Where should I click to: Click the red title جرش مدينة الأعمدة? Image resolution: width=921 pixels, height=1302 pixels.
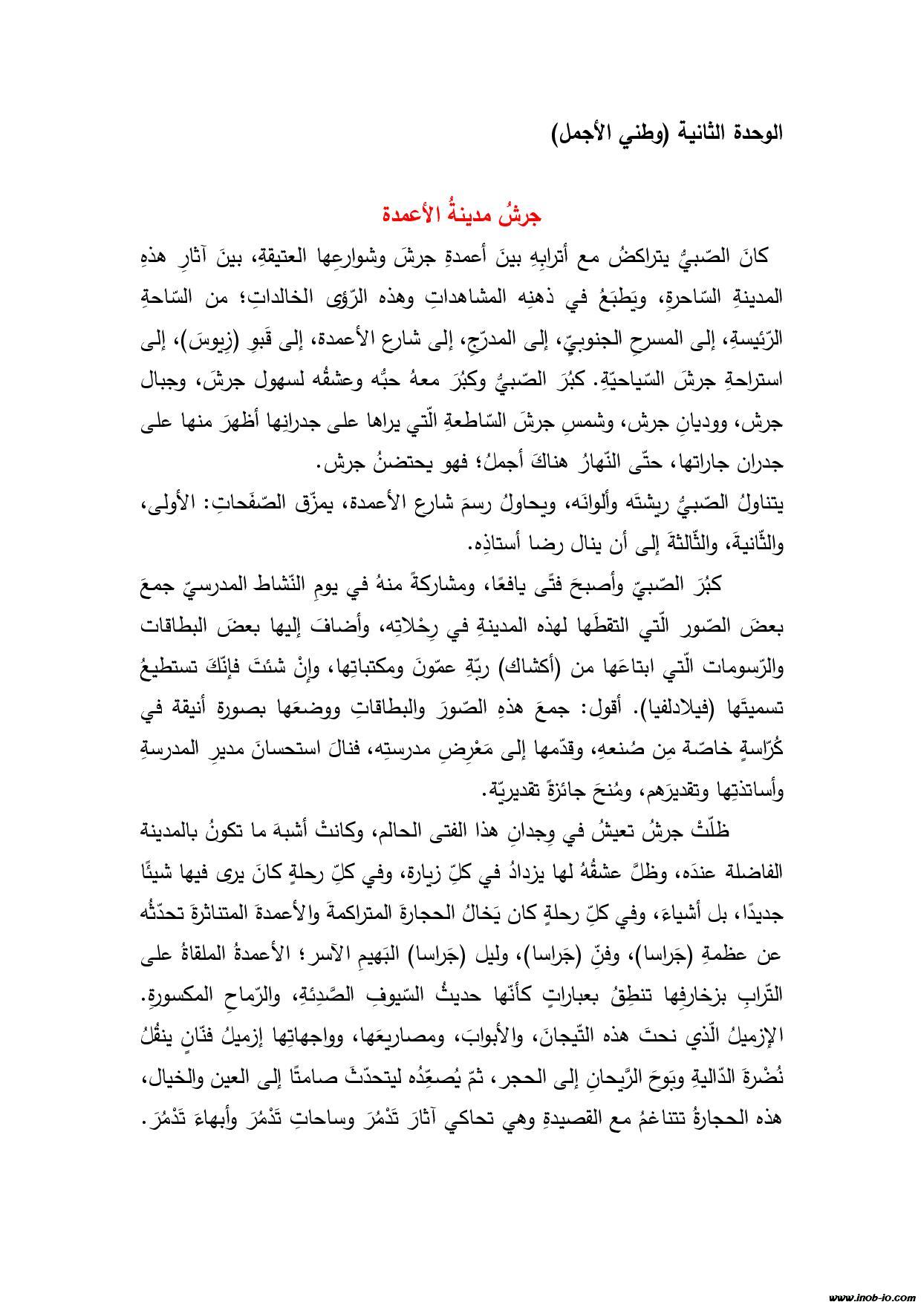pos(462,216)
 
